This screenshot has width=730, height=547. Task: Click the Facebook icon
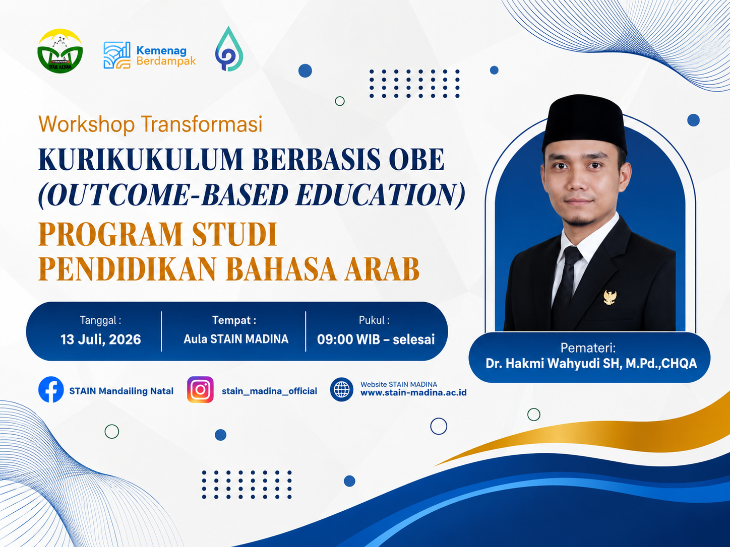pyautogui.click(x=51, y=389)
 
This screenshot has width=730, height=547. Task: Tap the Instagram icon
pyautogui.click(x=200, y=389)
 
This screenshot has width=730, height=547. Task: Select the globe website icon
pyautogui.click(x=341, y=389)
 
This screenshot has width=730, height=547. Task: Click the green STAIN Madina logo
pyautogui.click(x=60, y=51)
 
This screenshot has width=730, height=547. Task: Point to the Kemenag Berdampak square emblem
pyautogui.click(x=117, y=55)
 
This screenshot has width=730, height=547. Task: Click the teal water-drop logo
pyautogui.click(x=229, y=49)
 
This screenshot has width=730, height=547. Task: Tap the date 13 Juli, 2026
pyautogui.click(x=100, y=339)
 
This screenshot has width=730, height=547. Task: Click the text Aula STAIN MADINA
pyautogui.click(x=236, y=339)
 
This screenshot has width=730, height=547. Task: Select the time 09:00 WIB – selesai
pyautogui.click(x=376, y=339)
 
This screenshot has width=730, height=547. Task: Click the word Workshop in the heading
pyautogui.click(x=87, y=124)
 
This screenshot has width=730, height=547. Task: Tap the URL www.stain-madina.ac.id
pyautogui.click(x=413, y=393)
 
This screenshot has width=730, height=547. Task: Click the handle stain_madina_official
pyautogui.click(x=269, y=391)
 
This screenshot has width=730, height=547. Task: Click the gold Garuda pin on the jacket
pyautogui.click(x=610, y=297)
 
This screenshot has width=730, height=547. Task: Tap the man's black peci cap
pyautogui.click(x=584, y=123)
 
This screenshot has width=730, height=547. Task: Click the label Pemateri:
pyautogui.click(x=588, y=348)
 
